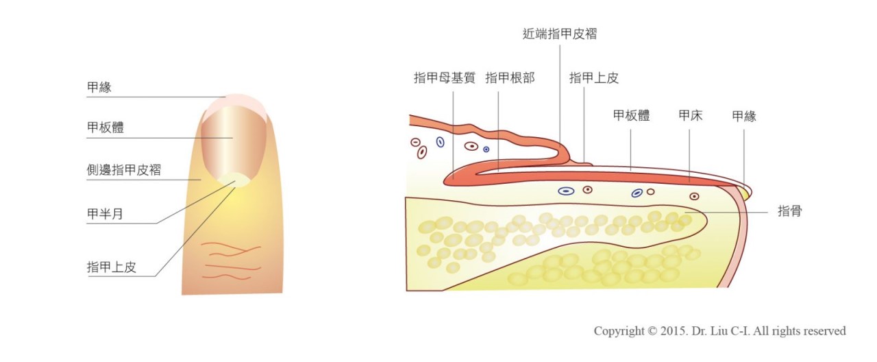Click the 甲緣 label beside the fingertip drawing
tap(99, 88)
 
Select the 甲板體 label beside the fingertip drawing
tap(106, 128)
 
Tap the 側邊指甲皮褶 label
tap(124, 170)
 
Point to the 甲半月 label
tap(106, 214)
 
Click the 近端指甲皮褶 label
tap(559, 34)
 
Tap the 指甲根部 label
tap(510, 78)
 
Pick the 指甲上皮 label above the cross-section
tap(594, 78)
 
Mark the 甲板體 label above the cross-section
tap(631, 116)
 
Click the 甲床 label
tap(691, 116)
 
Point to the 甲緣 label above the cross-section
tap(744, 116)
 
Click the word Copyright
tap(618, 332)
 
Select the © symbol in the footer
tap(651, 332)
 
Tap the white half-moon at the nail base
tap(234, 180)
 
